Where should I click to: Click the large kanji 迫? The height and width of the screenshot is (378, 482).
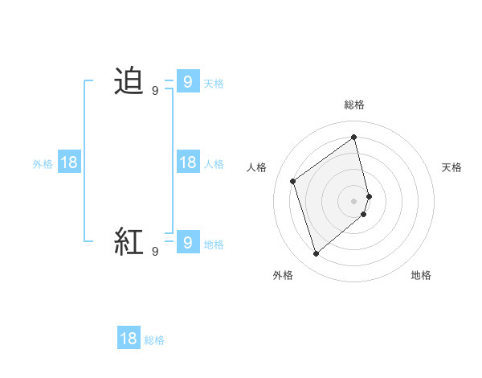129,82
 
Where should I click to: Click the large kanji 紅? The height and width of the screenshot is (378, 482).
129,241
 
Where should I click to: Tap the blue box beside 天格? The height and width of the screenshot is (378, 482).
187,82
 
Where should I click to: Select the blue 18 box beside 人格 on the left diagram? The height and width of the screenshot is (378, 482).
187,162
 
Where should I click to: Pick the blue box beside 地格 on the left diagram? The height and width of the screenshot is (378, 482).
187,241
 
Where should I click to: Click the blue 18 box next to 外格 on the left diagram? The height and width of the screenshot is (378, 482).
69,162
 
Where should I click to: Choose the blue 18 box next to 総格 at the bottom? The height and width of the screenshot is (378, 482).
129,339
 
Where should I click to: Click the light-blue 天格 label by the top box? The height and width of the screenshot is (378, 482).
214,84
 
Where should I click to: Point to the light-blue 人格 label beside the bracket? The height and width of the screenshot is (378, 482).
214,164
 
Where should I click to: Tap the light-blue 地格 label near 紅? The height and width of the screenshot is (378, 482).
214,244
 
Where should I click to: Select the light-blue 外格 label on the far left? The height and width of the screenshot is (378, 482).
43,164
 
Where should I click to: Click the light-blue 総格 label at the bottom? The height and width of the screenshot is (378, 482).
154,340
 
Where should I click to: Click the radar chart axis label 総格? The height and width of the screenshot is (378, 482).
354,105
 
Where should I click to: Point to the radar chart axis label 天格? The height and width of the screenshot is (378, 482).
451,167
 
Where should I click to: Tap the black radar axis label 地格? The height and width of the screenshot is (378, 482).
421,275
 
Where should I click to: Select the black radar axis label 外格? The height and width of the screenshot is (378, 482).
283,275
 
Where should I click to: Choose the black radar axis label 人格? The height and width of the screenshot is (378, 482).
256,167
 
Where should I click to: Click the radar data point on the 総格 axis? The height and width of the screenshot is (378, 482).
354,137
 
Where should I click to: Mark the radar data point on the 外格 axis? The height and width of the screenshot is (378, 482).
317,254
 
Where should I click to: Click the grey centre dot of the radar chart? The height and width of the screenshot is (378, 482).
354,199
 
